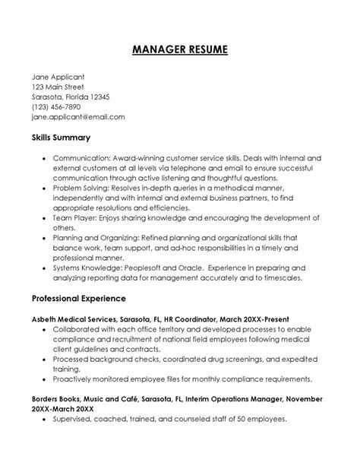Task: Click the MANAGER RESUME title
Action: click(x=179, y=50)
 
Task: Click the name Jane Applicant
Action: click(x=58, y=77)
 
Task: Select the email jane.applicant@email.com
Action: click(x=78, y=118)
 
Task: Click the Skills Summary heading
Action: click(x=62, y=138)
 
